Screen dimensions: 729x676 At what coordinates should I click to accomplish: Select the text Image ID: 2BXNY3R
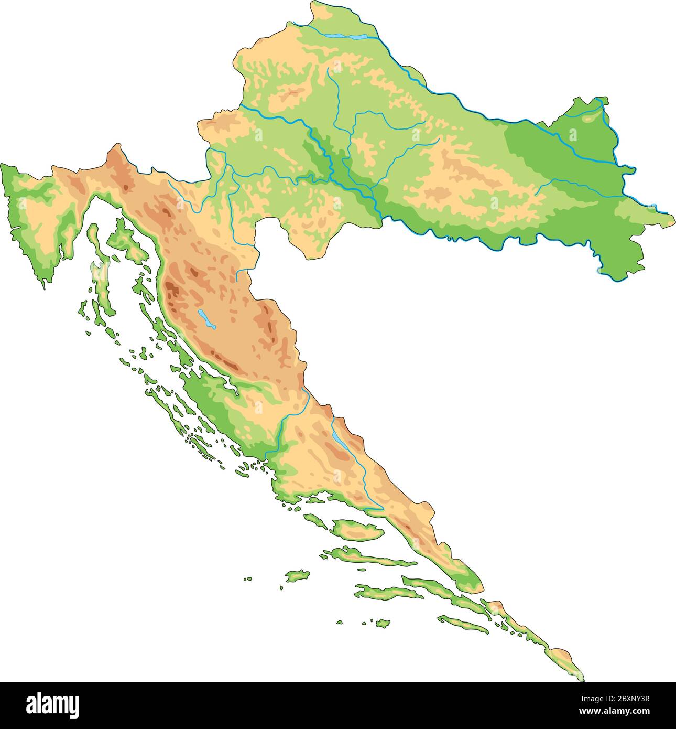point(616,699)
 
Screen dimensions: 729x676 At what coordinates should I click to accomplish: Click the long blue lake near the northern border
point(346,37)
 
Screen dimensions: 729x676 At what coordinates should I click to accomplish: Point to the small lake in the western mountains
point(206,319)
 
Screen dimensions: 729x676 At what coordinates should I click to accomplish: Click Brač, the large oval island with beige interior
point(356,530)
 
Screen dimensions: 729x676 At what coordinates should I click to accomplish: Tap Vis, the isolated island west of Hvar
point(297,576)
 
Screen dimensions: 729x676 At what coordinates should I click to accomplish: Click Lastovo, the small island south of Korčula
point(383,623)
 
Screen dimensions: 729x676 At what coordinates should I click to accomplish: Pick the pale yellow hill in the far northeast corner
point(589,119)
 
